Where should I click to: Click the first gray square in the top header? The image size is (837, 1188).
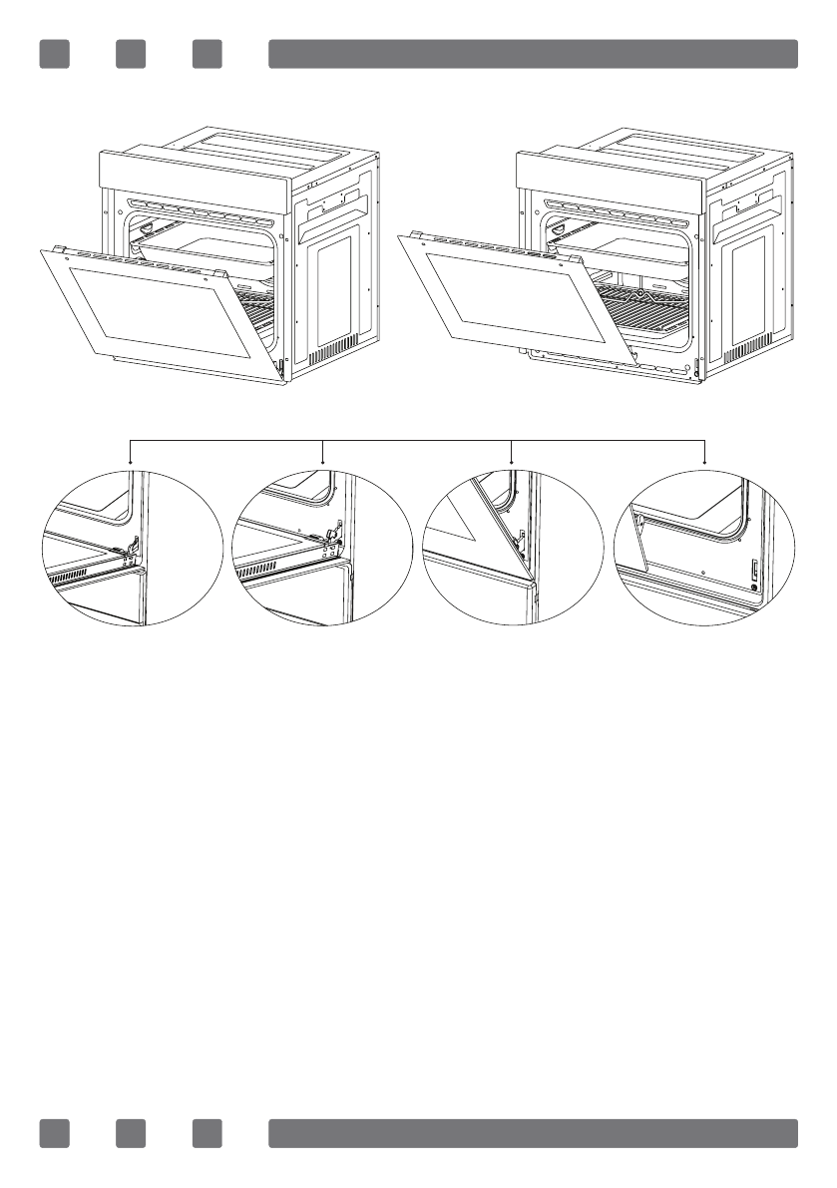point(54,54)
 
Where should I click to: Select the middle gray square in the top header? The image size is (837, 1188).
point(131,54)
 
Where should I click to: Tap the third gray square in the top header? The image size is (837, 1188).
point(208,54)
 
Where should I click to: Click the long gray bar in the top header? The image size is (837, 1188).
point(533,54)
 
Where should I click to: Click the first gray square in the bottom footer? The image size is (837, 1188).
point(54,1133)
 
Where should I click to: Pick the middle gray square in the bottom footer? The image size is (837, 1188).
point(131,1133)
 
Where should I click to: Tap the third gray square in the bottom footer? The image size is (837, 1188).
point(208,1133)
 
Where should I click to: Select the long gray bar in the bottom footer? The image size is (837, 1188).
point(533,1133)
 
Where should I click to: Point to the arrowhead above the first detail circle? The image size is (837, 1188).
point(132,462)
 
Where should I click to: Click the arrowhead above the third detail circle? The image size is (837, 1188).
point(512,462)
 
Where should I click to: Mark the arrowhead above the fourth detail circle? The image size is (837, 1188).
point(705,462)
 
